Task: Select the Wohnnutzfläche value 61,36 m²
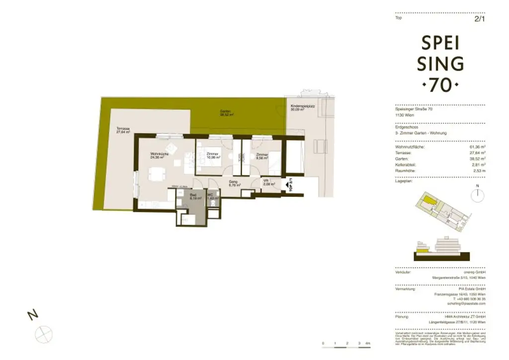point(477,147)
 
